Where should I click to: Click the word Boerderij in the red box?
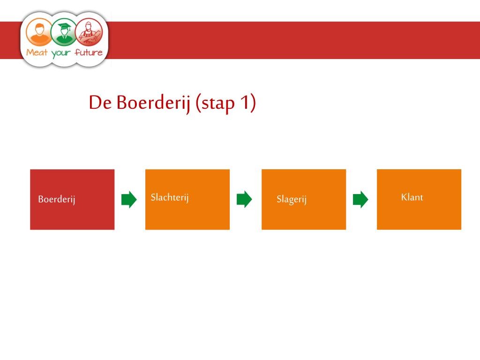pyautogui.click(x=57, y=200)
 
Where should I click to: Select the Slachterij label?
pyautogui.click(x=170, y=197)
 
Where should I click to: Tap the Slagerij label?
pyautogui.click(x=291, y=200)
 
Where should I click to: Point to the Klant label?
pyautogui.click(x=412, y=197)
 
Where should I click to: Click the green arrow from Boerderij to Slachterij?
pyautogui.click(x=129, y=200)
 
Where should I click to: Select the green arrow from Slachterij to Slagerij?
pyautogui.click(x=244, y=200)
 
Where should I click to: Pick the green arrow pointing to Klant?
pyautogui.click(x=360, y=200)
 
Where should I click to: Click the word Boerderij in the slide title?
pyautogui.click(x=153, y=103)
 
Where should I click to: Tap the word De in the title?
pyautogui.click(x=100, y=103)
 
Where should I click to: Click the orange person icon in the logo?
pyautogui.click(x=39, y=31)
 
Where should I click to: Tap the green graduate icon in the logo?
pyautogui.click(x=64, y=31)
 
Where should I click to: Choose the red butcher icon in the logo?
pyautogui.click(x=89, y=31)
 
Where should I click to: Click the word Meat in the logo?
pyautogui.click(x=37, y=52)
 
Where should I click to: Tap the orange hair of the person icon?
pyautogui.click(x=39, y=25)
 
